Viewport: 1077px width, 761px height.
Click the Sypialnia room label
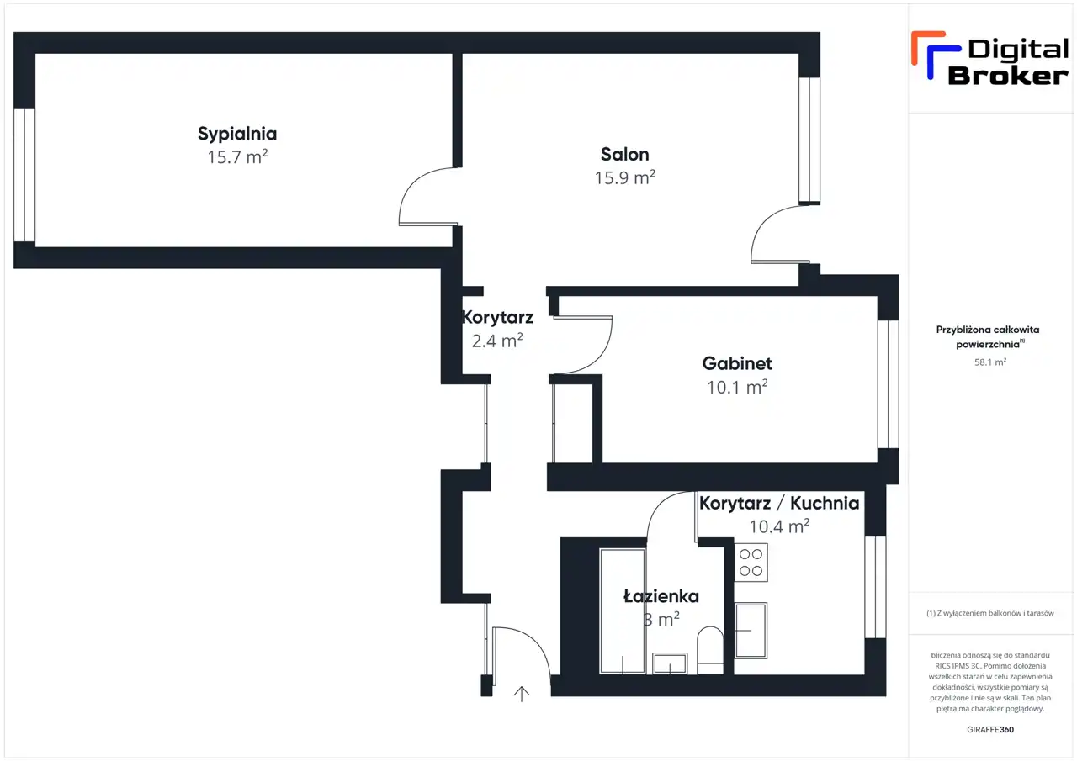[x=237, y=134]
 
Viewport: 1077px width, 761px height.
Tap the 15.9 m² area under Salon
[x=624, y=177]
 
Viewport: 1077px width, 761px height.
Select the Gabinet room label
[x=736, y=364]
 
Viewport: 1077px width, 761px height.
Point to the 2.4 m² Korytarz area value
[x=497, y=341]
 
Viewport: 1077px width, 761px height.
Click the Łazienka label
[x=661, y=596]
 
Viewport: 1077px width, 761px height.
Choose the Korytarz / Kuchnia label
[x=779, y=503]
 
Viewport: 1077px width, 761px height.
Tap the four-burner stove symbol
[x=751, y=563]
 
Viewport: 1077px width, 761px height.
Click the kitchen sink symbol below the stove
[x=751, y=631]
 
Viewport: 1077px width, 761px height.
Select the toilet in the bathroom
[x=710, y=650]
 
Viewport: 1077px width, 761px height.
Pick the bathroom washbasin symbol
[x=670, y=663]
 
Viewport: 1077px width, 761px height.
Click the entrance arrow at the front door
[x=522, y=695]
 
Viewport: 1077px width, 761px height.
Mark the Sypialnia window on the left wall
[x=24, y=176]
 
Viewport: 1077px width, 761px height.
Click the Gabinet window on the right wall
[x=888, y=384]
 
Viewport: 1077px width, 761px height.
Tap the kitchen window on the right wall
[x=875, y=587]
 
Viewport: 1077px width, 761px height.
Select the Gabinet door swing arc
[x=583, y=345]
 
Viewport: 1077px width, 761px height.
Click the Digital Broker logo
[x=990, y=59]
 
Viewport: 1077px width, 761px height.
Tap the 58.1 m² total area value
[x=990, y=362]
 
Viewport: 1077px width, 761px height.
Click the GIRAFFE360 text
[x=990, y=729]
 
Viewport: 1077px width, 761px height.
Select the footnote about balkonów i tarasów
[x=990, y=613]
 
